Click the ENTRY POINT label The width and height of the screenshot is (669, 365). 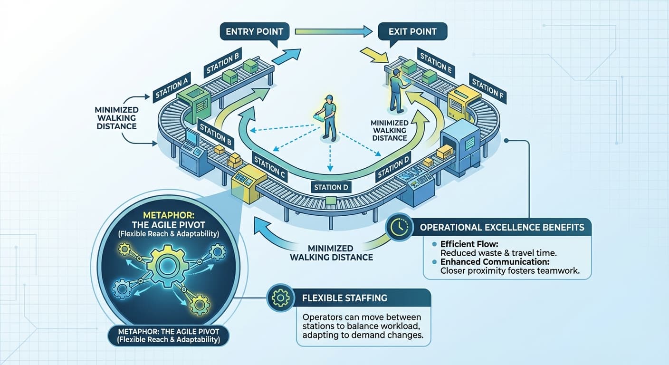click(254, 32)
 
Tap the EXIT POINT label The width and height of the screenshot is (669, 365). click(413, 32)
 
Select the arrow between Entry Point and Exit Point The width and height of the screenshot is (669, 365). click(333, 32)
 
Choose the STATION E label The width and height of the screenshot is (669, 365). click(435, 62)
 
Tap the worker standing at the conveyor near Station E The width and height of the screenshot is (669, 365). click(396, 90)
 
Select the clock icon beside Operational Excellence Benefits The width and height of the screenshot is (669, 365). click(398, 227)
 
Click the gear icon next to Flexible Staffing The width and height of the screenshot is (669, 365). click(280, 298)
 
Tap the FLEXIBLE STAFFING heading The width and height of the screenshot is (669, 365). click(344, 298)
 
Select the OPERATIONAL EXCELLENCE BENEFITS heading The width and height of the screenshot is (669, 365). click(502, 227)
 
